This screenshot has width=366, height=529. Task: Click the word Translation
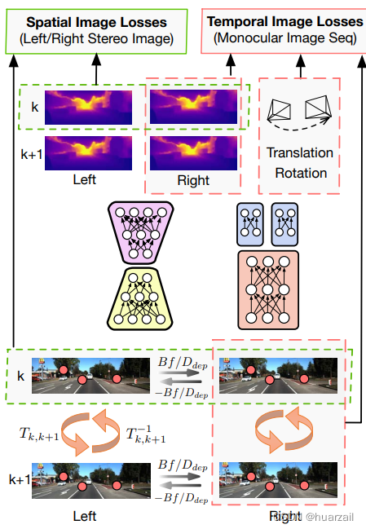tap(300, 153)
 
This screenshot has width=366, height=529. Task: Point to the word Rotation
tap(300, 172)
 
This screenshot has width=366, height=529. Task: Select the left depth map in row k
tap(92, 108)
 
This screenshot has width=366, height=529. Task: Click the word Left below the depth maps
tap(90, 180)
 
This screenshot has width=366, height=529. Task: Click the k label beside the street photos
tap(20, 377)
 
